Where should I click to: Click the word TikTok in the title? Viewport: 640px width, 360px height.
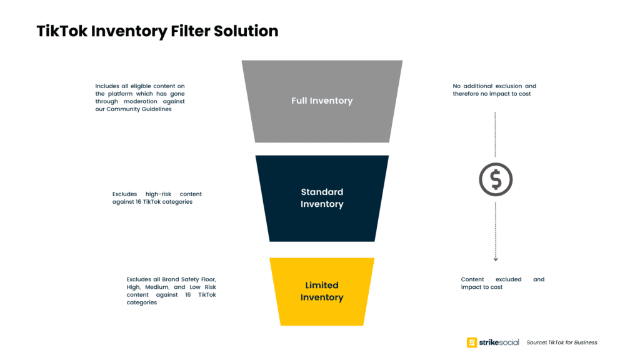click(x=62, y=31)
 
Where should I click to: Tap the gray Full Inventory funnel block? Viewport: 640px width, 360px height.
click(x=322, y=101)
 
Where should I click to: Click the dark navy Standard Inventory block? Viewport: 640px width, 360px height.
click(x=322, y=198)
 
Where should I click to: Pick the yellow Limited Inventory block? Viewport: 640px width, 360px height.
click(x=322, y=291)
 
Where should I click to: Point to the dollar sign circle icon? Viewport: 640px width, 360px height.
click(x=496, y=179)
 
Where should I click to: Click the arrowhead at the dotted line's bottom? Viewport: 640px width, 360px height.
click(x=496, y=259)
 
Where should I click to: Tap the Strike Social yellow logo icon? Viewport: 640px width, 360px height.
click(x=472, y=342)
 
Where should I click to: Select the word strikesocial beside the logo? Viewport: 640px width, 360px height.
click(x=499, y=342)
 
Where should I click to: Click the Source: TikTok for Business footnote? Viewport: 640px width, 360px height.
click(x=562, y=342)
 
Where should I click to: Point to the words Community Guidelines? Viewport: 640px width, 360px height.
click(x=139, y=109)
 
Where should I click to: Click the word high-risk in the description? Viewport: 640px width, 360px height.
click(x=158, y=194)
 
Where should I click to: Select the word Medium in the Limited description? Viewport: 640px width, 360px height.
click(x=157, y=287)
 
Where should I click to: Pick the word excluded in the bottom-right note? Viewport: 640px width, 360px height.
click(x=508, y=279)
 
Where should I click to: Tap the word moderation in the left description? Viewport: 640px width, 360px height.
click(x=141, y=102)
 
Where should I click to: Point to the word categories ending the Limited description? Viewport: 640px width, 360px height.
click(x=142, y=303)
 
